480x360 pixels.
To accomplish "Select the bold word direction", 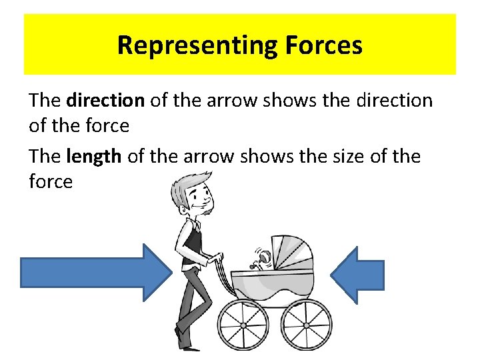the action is pos(105,101).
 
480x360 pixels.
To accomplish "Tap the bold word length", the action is pos(94,157).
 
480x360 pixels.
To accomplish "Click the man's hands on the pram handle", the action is pos(215,259).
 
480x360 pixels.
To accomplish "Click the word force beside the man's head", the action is pos(51,181).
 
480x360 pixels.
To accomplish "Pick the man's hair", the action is pos(187,183).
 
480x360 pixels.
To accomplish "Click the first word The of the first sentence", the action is pos(45,101).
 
